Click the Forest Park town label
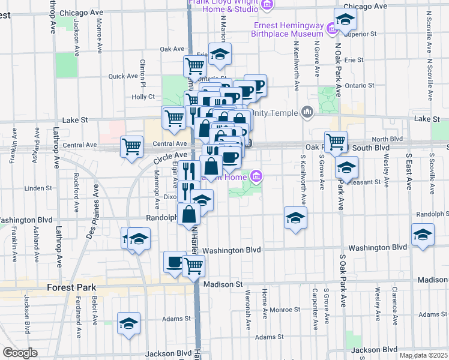coord(73,287)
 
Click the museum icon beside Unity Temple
coord(307,112)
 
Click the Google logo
coord(20,353)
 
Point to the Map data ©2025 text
coord(423,355)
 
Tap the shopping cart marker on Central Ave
coord(131,146)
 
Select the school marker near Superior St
coord(345,20)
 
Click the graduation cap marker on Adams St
coord(128,323)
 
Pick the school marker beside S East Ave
coord(423,234)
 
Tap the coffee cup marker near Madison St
coord(175,262)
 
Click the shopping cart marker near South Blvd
coord(336,142)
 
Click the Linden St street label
coord(39,188)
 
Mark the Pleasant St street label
coord(369,181)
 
